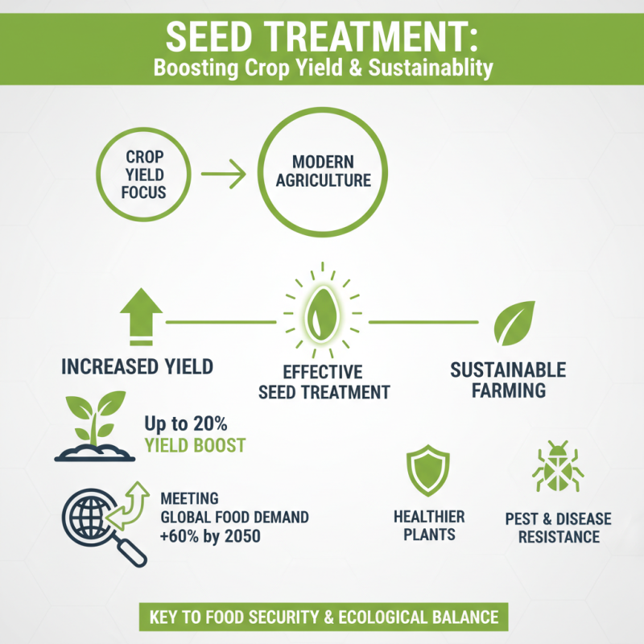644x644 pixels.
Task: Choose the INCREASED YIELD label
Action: (138, 367)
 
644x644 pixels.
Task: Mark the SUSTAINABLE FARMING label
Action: (508, 381)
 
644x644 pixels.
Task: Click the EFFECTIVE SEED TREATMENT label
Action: (324, 382)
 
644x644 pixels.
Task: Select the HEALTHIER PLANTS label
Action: (428, 525)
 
